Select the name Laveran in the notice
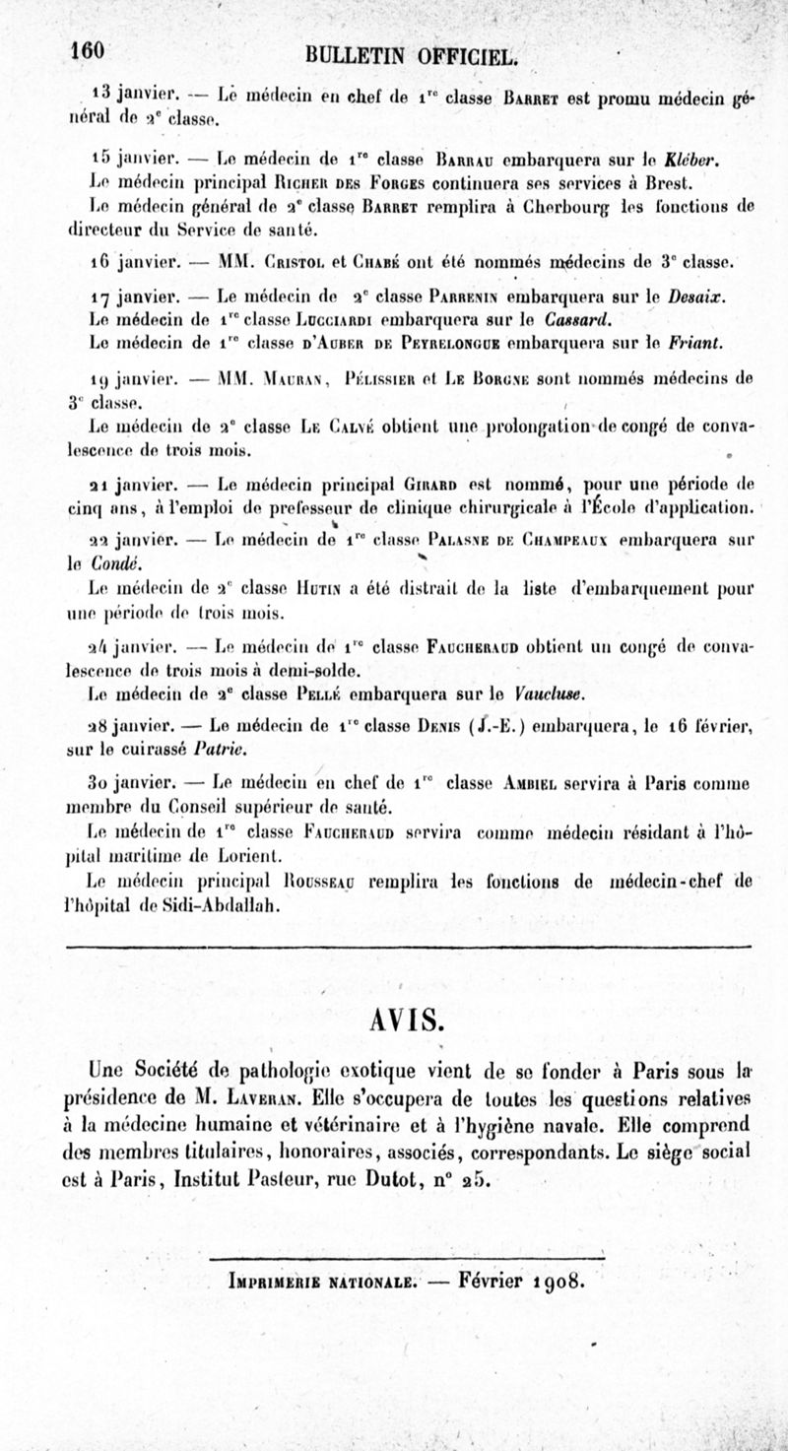(269, 1098)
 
